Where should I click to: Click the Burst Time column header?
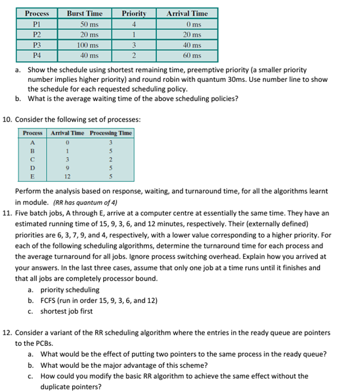(85, 13)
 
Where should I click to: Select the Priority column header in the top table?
(134, 13)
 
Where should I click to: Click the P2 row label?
(37, 35)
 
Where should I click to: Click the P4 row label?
(37, 56)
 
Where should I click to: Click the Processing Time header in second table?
(111, 133)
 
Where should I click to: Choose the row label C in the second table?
(33, 159)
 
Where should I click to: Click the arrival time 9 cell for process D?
(67, 168)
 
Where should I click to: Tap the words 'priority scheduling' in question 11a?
(70, 290)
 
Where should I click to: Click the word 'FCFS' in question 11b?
(48, 300)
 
